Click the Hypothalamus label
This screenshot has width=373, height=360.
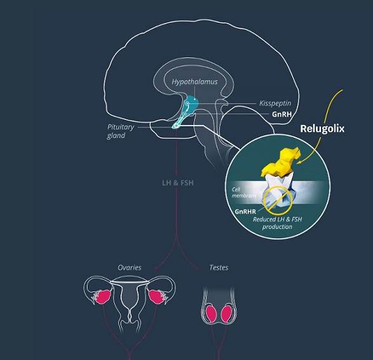195,82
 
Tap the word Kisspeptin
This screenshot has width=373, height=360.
275,103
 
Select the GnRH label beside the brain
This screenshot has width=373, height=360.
282,114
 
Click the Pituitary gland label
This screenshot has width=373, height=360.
121,131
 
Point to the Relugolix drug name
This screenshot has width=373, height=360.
322,128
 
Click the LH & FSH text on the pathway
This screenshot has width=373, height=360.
178,183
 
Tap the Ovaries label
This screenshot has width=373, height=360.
129,268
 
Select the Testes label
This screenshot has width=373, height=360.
219,268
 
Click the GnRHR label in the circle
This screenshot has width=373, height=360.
245,211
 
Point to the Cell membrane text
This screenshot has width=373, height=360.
244,192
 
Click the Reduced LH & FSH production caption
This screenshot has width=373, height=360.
277,223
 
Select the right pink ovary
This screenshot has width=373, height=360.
156,297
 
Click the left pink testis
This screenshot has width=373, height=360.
211,314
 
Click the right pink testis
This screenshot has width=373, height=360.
226,314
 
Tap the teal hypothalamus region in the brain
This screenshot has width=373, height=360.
192,103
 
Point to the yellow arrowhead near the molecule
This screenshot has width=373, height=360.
299,163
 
